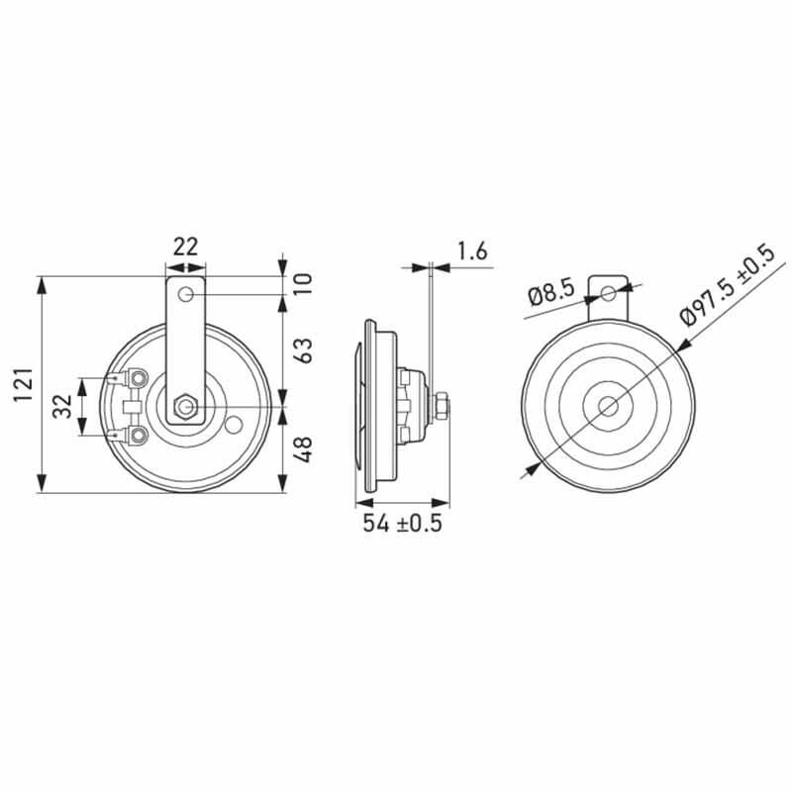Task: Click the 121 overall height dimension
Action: click(x=23, y=385)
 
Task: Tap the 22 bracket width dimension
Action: click(x=185, y=247)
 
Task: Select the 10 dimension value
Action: click(x=303, y=283)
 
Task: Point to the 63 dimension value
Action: click(x=303, y=349)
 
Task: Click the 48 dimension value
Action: click(x=303, y=449)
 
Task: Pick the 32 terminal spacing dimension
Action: click(x=62, y=407)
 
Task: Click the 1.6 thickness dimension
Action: click(x=472, y=251)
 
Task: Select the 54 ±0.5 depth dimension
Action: click(x=402, y=523)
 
